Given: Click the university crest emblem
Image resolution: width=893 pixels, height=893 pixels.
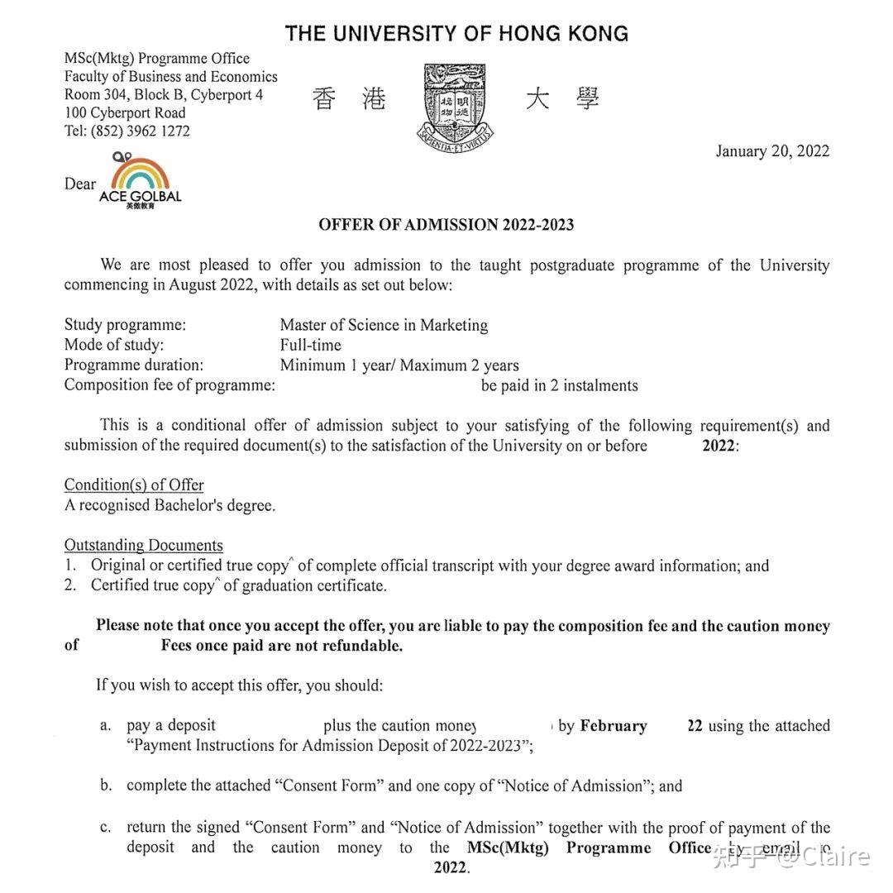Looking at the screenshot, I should [456, 104].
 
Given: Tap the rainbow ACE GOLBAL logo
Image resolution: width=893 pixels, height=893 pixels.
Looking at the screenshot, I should [140, 180].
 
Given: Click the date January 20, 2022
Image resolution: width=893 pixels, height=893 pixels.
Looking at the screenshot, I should [772, 150].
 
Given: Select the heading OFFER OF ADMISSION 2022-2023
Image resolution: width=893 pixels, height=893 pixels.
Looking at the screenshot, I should [446, 225].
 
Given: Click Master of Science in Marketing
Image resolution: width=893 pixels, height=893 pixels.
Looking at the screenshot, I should [384, 325].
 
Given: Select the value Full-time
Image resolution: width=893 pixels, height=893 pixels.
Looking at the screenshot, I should [310, 345].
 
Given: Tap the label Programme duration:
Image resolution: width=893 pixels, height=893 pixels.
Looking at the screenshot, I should [133, 365].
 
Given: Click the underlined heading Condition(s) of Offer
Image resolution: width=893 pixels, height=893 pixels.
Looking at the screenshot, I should [134, 485].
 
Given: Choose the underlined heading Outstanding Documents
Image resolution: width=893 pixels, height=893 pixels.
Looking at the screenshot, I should [143, 545].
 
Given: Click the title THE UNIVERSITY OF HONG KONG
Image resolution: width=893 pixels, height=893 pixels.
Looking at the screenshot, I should [456, 34].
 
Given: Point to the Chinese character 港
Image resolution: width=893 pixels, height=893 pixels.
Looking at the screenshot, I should [374, 99].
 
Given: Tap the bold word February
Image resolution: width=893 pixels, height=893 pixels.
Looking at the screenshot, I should [613, 726].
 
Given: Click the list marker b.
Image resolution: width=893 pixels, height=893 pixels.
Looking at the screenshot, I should [106, 786].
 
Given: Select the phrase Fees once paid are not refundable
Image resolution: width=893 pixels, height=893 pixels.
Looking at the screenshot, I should [281, 646].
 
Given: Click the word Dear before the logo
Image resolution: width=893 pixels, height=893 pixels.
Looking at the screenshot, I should [80, 184].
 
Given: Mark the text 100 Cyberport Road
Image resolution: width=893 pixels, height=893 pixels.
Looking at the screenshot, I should [125, 112].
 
